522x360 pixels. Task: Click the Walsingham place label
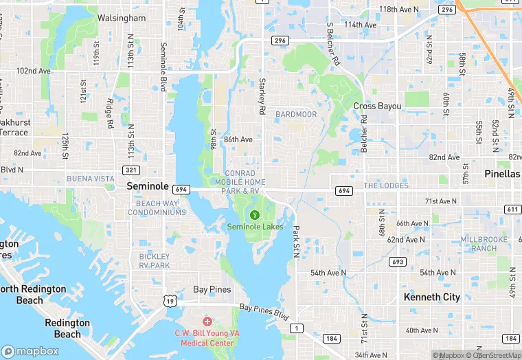[122, 18]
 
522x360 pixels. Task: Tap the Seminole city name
[148, 186]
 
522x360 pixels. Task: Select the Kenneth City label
[432, 297]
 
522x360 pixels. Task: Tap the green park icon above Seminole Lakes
[255, 215]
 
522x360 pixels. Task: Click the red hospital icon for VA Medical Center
[207, 322]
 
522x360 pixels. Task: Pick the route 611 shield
[512, 210]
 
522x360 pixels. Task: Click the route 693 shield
[396, 262]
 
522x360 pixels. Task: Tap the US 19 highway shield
[169, 300]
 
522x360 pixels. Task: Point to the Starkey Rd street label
[262, 96]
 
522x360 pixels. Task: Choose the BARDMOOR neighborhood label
[296, 114]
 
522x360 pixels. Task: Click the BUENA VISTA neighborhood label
[91, 179]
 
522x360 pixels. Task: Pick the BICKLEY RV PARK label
[150, 261]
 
